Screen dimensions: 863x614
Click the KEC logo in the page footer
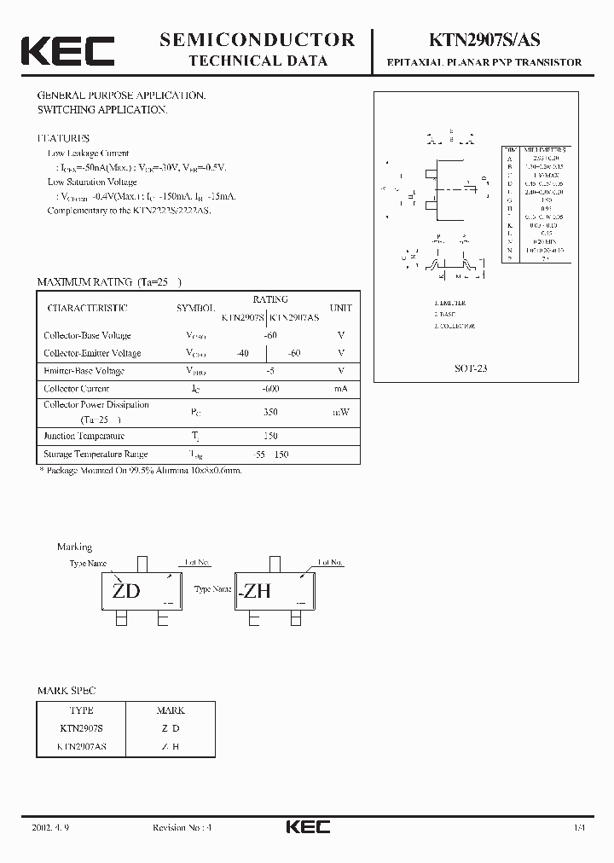click(306, 827)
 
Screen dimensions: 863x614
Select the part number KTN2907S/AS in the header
click(482, 40)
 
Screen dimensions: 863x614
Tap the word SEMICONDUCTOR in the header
click(257, 39)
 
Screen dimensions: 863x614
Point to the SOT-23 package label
click(470, 369)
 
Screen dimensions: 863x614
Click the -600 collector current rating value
click(270, 389)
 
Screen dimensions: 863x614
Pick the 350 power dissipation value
click(270, 412)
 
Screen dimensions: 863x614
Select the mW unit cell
click(340, 412)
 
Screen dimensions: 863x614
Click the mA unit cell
click(340, 389)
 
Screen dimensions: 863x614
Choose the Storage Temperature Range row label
click(96, 455)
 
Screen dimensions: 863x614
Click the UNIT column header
click(340, 308)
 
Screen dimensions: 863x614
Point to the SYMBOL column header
click(195, 308)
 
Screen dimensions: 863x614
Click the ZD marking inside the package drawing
click(126, 591)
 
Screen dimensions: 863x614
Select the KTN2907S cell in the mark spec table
click(81, 728)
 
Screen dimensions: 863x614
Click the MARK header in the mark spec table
click(171, 710)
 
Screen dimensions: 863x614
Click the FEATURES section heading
click(63, 138)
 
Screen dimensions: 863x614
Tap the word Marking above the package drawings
click(74, 547)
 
